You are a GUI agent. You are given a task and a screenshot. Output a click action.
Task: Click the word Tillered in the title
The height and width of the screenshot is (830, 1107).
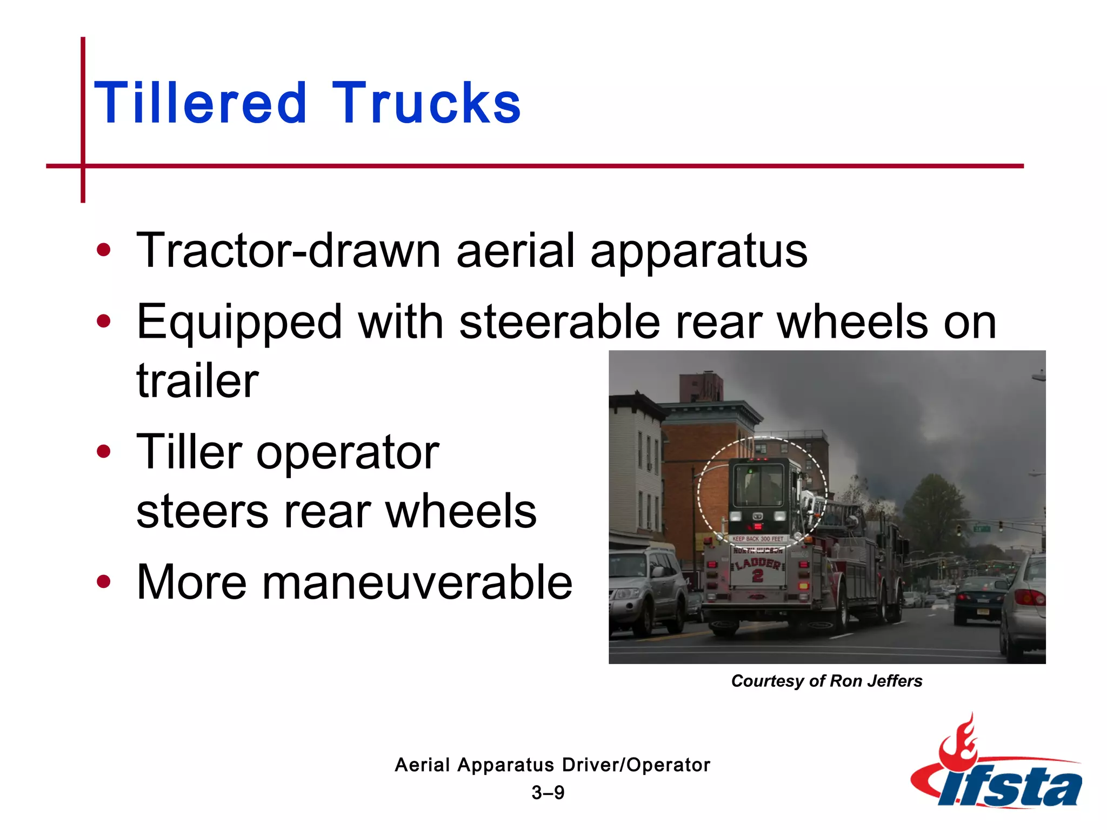point(201,103)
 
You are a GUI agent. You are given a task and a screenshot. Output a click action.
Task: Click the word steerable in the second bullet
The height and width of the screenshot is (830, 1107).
point(559,322)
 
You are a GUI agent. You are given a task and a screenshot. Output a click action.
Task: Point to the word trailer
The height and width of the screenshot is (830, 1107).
point(197,381)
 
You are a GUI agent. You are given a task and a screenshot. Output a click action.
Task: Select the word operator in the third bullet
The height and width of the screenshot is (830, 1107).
point(348,452)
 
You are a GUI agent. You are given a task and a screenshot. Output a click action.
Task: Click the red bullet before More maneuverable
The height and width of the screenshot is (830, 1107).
point(103,582)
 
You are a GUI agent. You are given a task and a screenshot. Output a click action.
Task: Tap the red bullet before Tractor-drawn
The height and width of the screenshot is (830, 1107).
point(103,250)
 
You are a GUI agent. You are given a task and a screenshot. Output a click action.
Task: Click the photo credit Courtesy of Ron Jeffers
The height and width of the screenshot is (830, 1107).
point(826,681)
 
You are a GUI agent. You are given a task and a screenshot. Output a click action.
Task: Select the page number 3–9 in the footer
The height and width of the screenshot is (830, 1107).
point(548,793)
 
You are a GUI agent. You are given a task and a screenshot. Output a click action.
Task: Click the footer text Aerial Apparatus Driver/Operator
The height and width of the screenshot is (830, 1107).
point(552,765)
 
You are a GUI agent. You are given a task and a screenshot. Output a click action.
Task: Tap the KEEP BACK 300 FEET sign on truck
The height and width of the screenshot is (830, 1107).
point(758,539)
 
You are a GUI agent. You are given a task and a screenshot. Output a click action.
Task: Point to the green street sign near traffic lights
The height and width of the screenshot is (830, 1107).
point(981,528)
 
